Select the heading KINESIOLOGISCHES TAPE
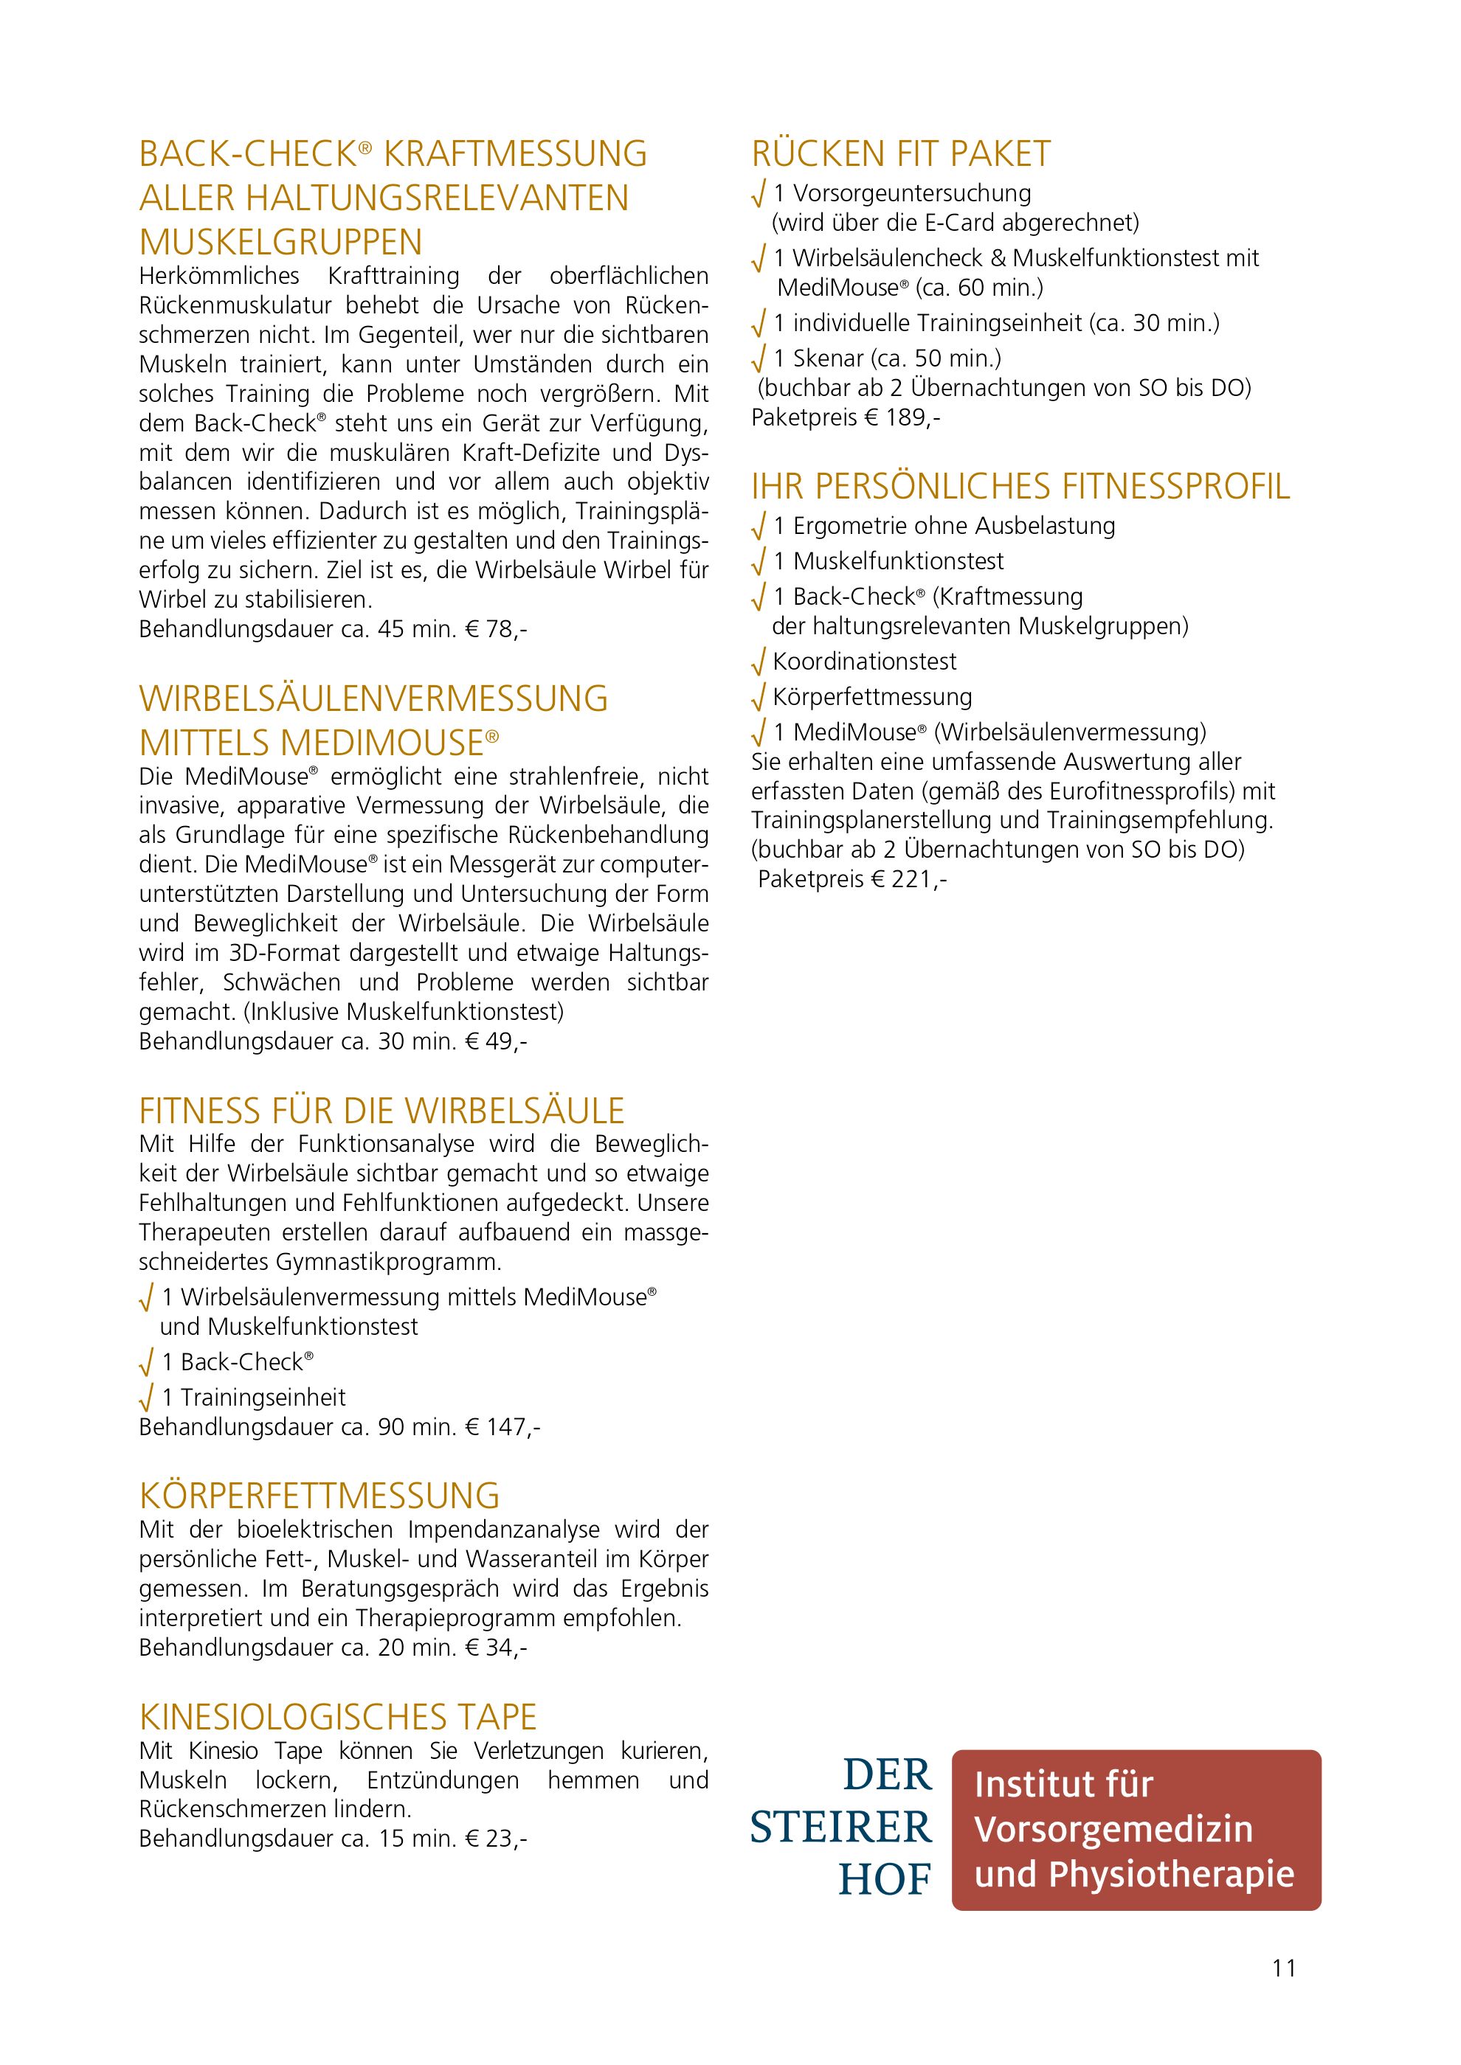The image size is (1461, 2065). click(x=337, y=1717)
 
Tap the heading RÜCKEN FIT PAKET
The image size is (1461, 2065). click(x=900, y=155)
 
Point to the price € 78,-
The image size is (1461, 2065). click(x=497, y=630)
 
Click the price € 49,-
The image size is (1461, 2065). click(x=497, y=1041)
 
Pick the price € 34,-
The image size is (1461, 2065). click(x=497, y=1648)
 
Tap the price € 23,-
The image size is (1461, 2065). click(x=497, y=1839)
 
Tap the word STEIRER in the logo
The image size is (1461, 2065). click(x=841, y=1828)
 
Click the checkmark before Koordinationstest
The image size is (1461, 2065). click(x=759, y=663)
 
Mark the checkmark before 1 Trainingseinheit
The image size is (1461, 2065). click(x=147, y=1398)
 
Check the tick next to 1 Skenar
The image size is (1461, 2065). click(x=759, y=360)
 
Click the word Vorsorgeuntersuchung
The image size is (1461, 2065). click(x=912, y=193)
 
